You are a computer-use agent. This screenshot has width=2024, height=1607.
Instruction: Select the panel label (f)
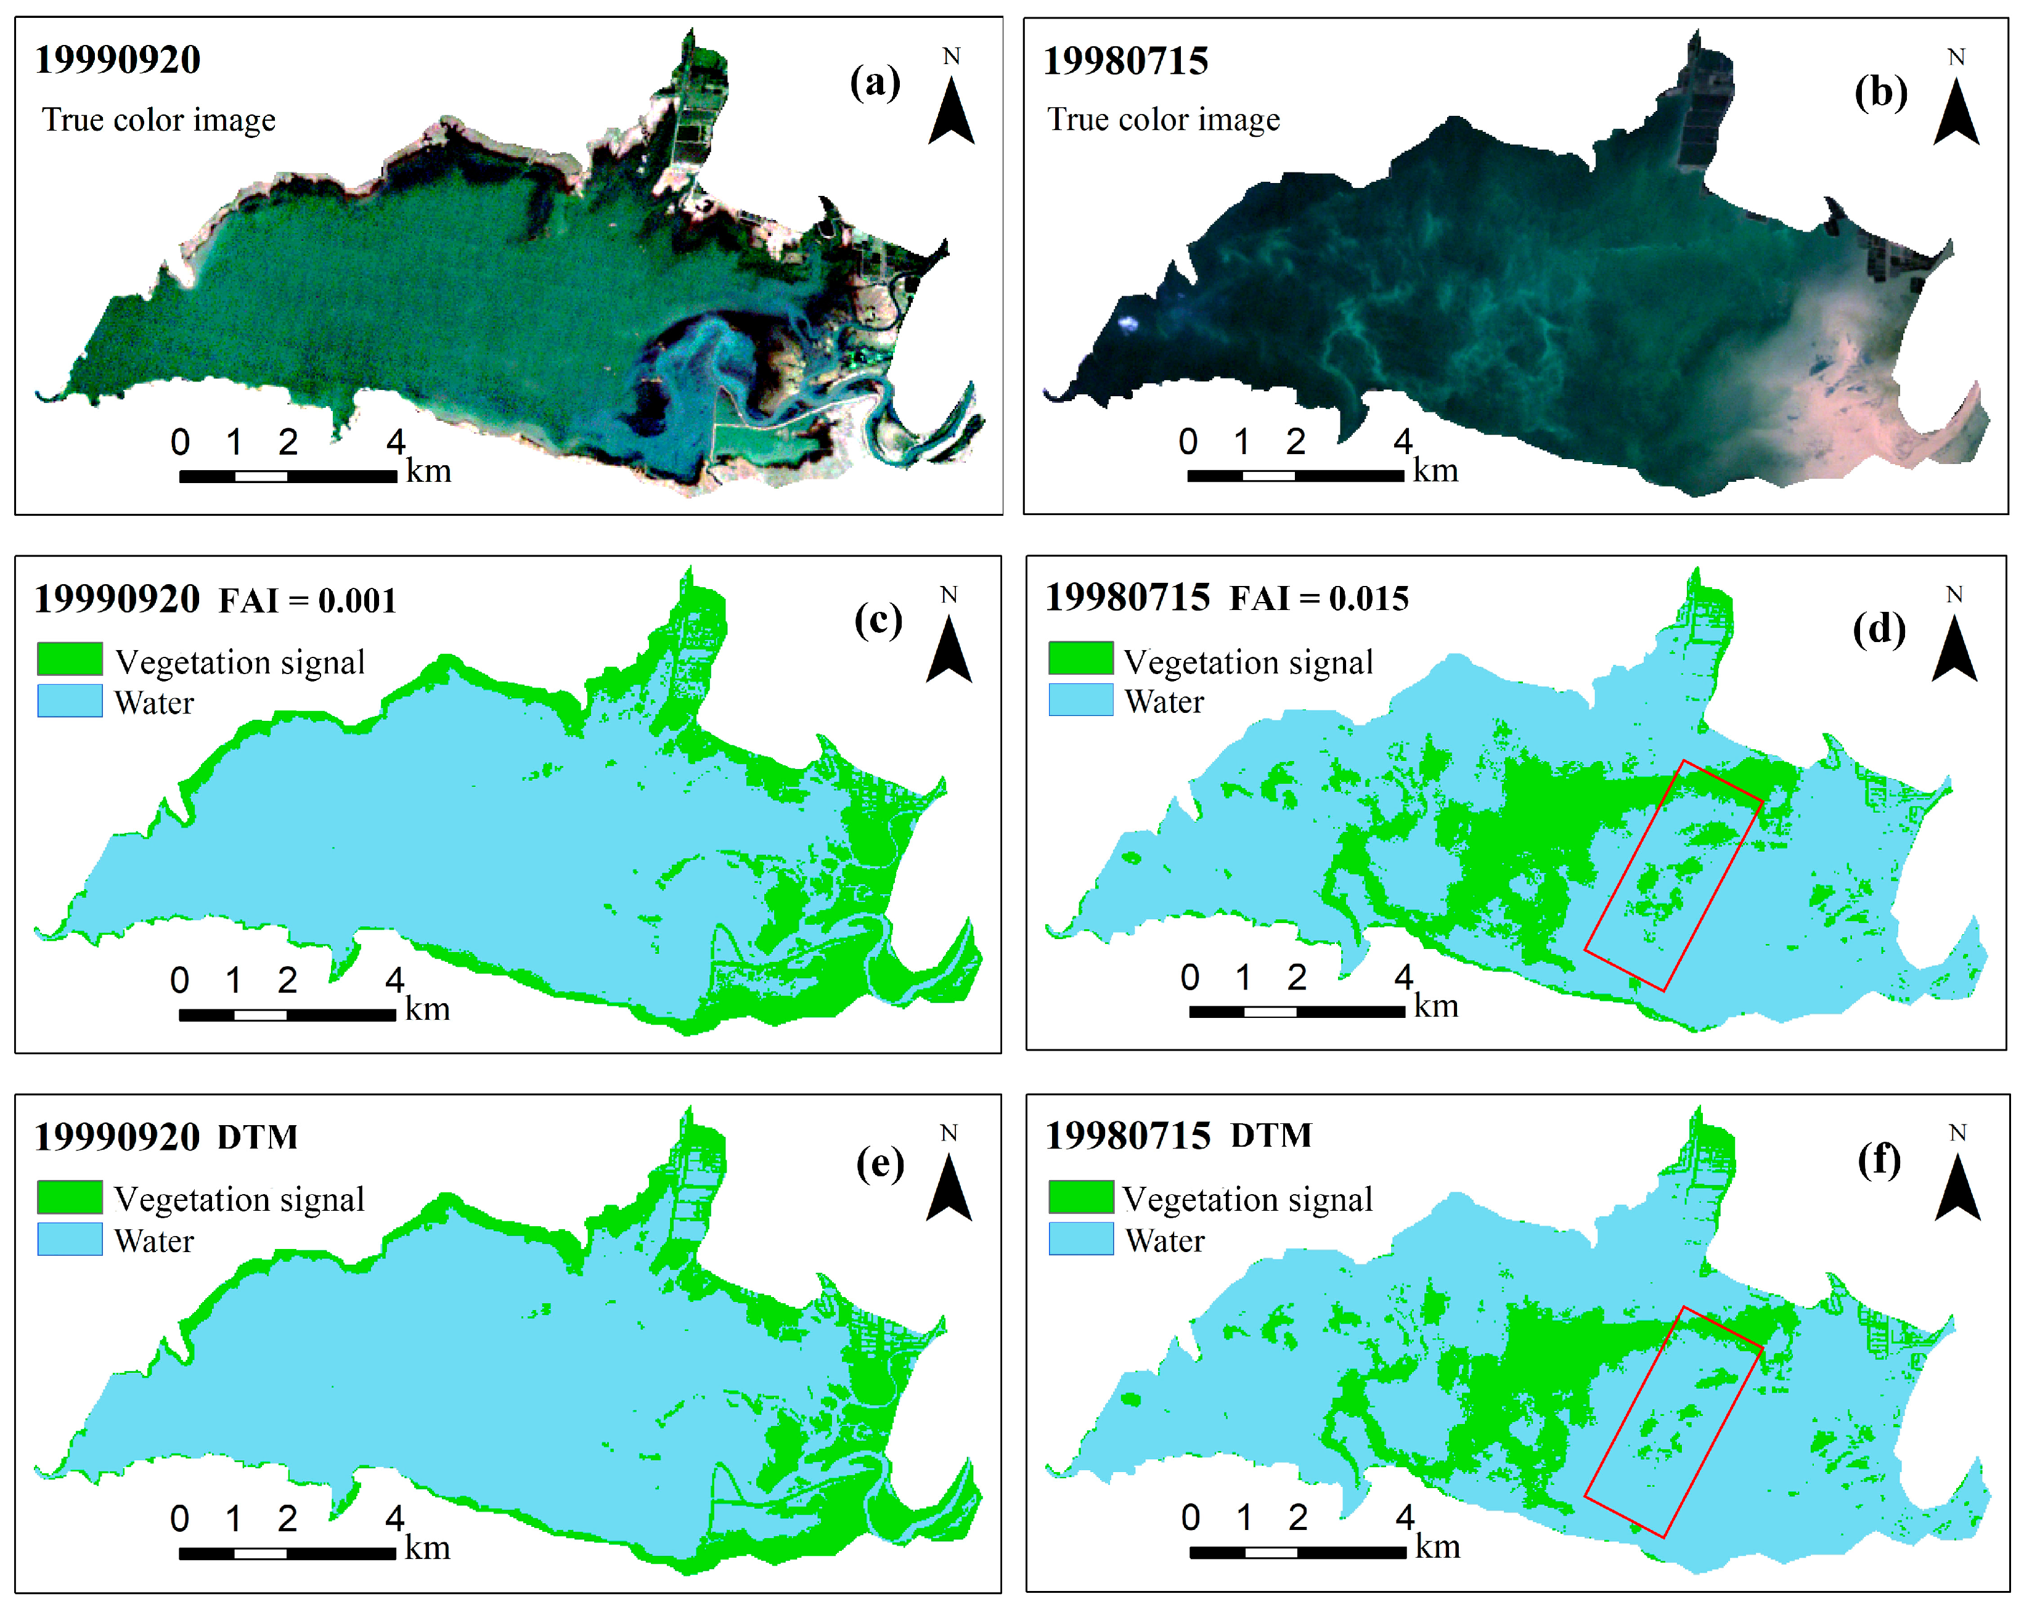[1879, 1161]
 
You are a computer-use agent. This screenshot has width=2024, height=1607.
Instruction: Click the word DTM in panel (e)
[257, 1137]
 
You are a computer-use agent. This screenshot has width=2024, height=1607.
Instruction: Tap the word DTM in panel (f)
[1271, 1136]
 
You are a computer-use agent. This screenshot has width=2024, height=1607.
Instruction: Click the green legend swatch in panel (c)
[70, 659]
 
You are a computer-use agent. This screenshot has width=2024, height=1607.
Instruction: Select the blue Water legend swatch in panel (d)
[1080, 700]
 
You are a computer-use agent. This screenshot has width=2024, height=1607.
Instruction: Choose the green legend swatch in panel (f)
[1080, 1197]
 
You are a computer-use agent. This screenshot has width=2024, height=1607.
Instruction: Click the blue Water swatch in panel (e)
[70, 1239]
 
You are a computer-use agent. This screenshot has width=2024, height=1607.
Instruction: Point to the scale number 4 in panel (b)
[1403, 441]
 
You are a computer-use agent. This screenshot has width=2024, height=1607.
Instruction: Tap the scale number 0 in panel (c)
[179, 980]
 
